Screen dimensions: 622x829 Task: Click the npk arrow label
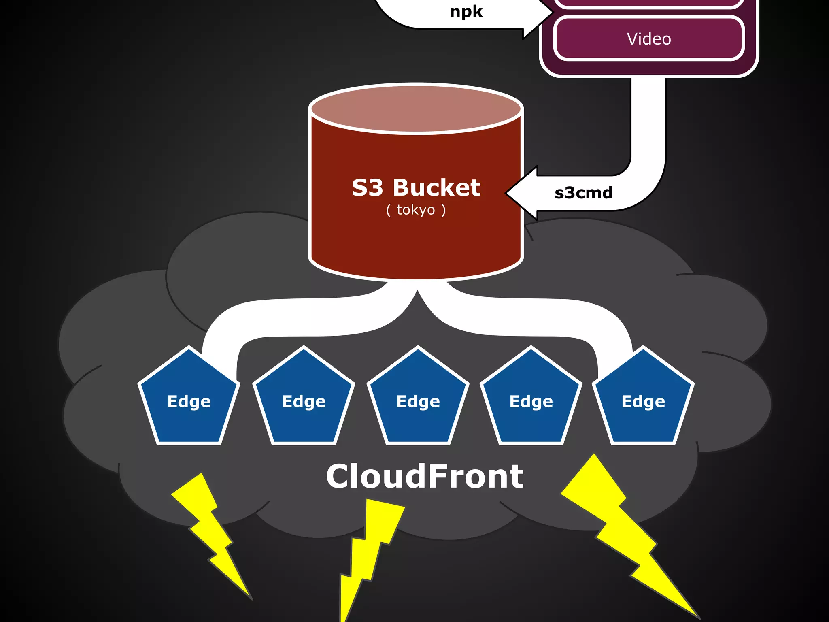click(x=466, y=12)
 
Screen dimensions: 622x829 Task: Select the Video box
click(x=648, y=39)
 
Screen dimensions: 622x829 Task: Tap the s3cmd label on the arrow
click(x=583, y=193)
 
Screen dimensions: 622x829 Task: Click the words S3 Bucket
click(x=416, y=188)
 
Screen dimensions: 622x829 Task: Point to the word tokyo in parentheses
click(x=416, y=210)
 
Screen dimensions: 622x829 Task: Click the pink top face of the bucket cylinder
click(x=416, y=109)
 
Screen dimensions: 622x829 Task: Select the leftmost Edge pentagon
click(x=189, y=401)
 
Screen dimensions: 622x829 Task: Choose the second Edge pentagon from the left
click(x=304, y=401)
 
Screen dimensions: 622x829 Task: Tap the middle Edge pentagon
click(x=418, y=401)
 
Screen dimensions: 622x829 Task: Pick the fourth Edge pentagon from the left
click(x=531, y=401)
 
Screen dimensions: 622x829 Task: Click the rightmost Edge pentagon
click(x=643, y=401)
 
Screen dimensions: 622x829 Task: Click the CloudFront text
click(x=425, y=476)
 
